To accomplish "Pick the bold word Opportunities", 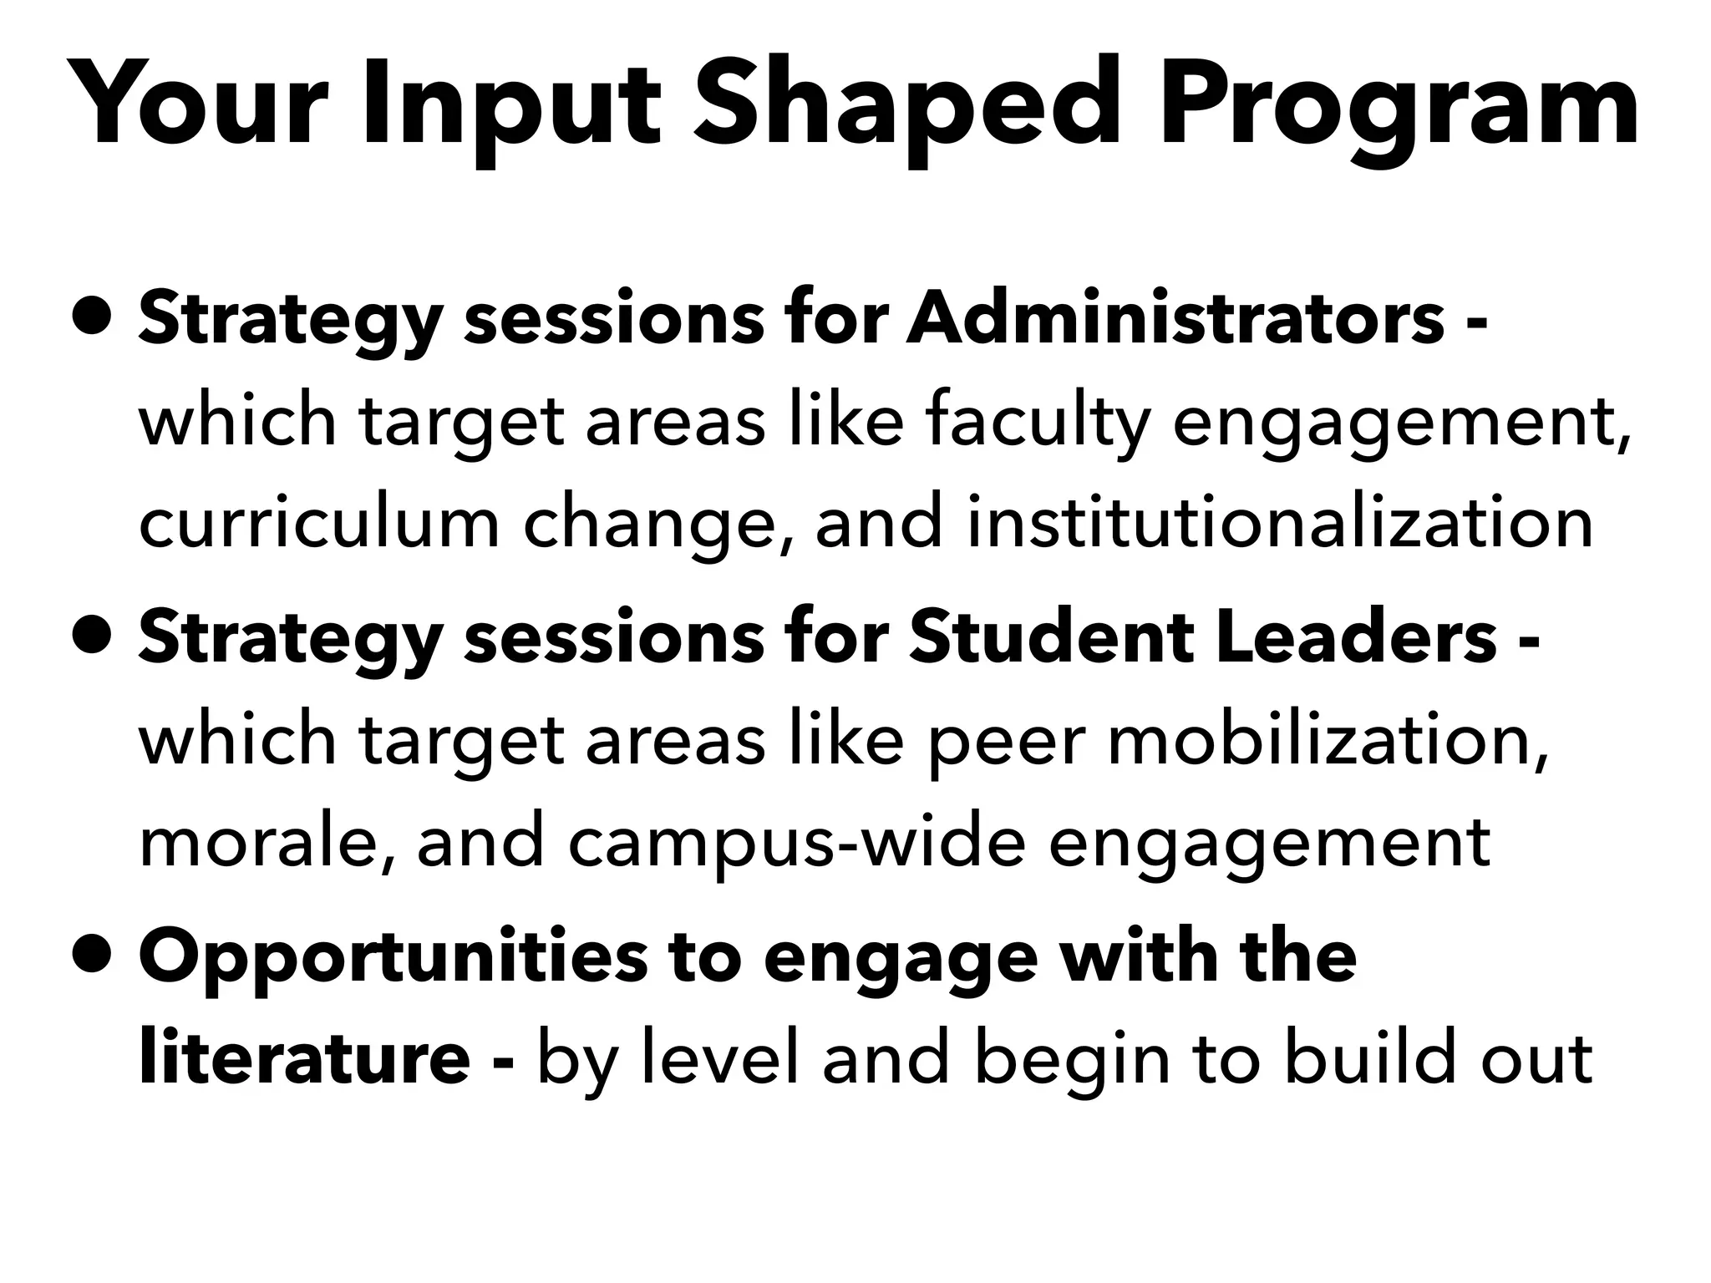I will (392, 957).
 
